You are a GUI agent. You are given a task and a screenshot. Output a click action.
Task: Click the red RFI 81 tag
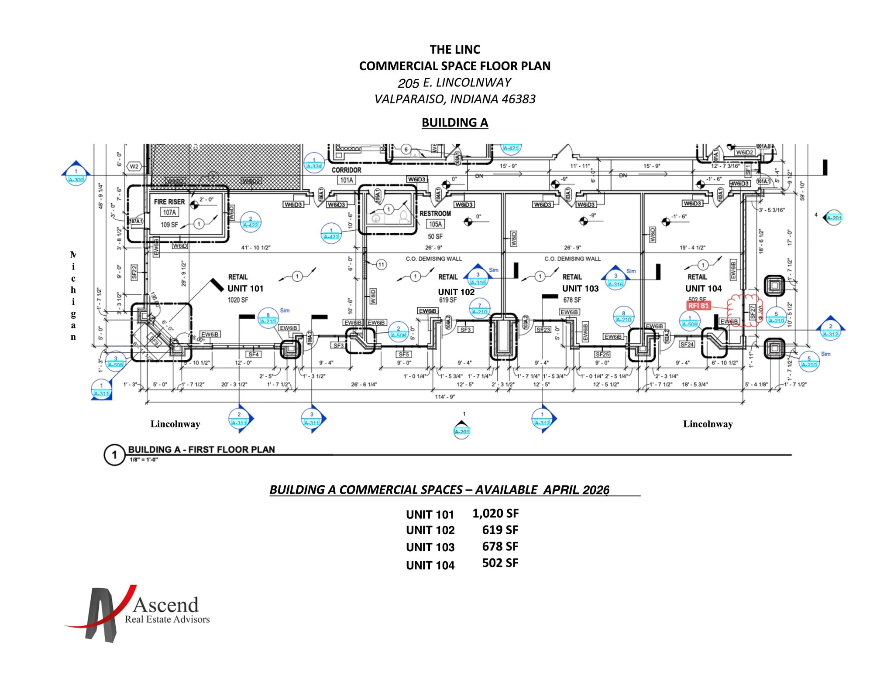click(698, 306)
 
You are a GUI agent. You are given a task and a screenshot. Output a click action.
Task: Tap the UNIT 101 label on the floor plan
click(245, 289)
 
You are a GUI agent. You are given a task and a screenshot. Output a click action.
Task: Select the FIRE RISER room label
click(169, 202)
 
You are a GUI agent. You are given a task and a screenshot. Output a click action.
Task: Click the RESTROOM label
click(435, 214)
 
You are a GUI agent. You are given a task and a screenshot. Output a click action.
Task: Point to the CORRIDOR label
click(346, 170)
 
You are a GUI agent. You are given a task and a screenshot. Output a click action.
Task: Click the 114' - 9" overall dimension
click(445, 396)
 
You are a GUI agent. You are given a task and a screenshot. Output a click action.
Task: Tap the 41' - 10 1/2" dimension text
click(256, 248)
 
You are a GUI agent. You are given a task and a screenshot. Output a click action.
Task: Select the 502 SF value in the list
click(500, 563)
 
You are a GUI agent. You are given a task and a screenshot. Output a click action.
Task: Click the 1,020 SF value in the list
click(495, 513)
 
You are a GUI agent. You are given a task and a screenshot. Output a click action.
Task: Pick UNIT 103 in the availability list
click(430, 547)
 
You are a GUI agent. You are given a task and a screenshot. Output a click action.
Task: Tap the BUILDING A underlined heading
click(454, 123)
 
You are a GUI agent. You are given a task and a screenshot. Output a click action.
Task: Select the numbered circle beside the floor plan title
click(114, 455)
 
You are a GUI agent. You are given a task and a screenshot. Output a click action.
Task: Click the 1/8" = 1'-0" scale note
click(144, 460)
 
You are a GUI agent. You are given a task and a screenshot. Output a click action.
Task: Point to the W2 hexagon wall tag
click(134, 167)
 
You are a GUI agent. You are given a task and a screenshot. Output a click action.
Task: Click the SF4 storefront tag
click(254, 354)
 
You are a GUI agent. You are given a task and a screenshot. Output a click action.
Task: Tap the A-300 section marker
click(76, 179)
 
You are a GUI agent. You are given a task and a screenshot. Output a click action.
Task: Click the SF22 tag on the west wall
click(134, 272)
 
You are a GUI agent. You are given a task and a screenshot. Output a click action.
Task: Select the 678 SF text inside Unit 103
click(572, 300)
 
